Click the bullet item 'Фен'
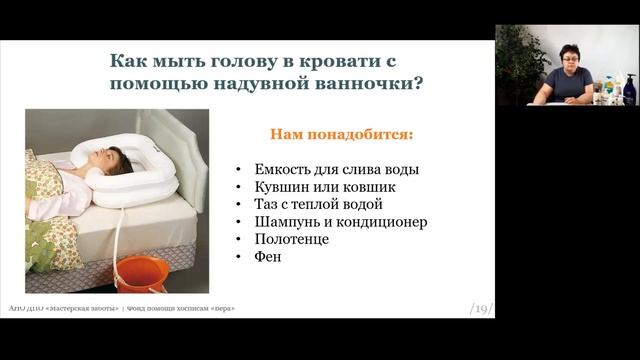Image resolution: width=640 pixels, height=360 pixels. click(268, 256)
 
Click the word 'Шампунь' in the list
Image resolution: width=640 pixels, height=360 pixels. click(286, 221)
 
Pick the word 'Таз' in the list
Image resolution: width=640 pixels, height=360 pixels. click(266, 204)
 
